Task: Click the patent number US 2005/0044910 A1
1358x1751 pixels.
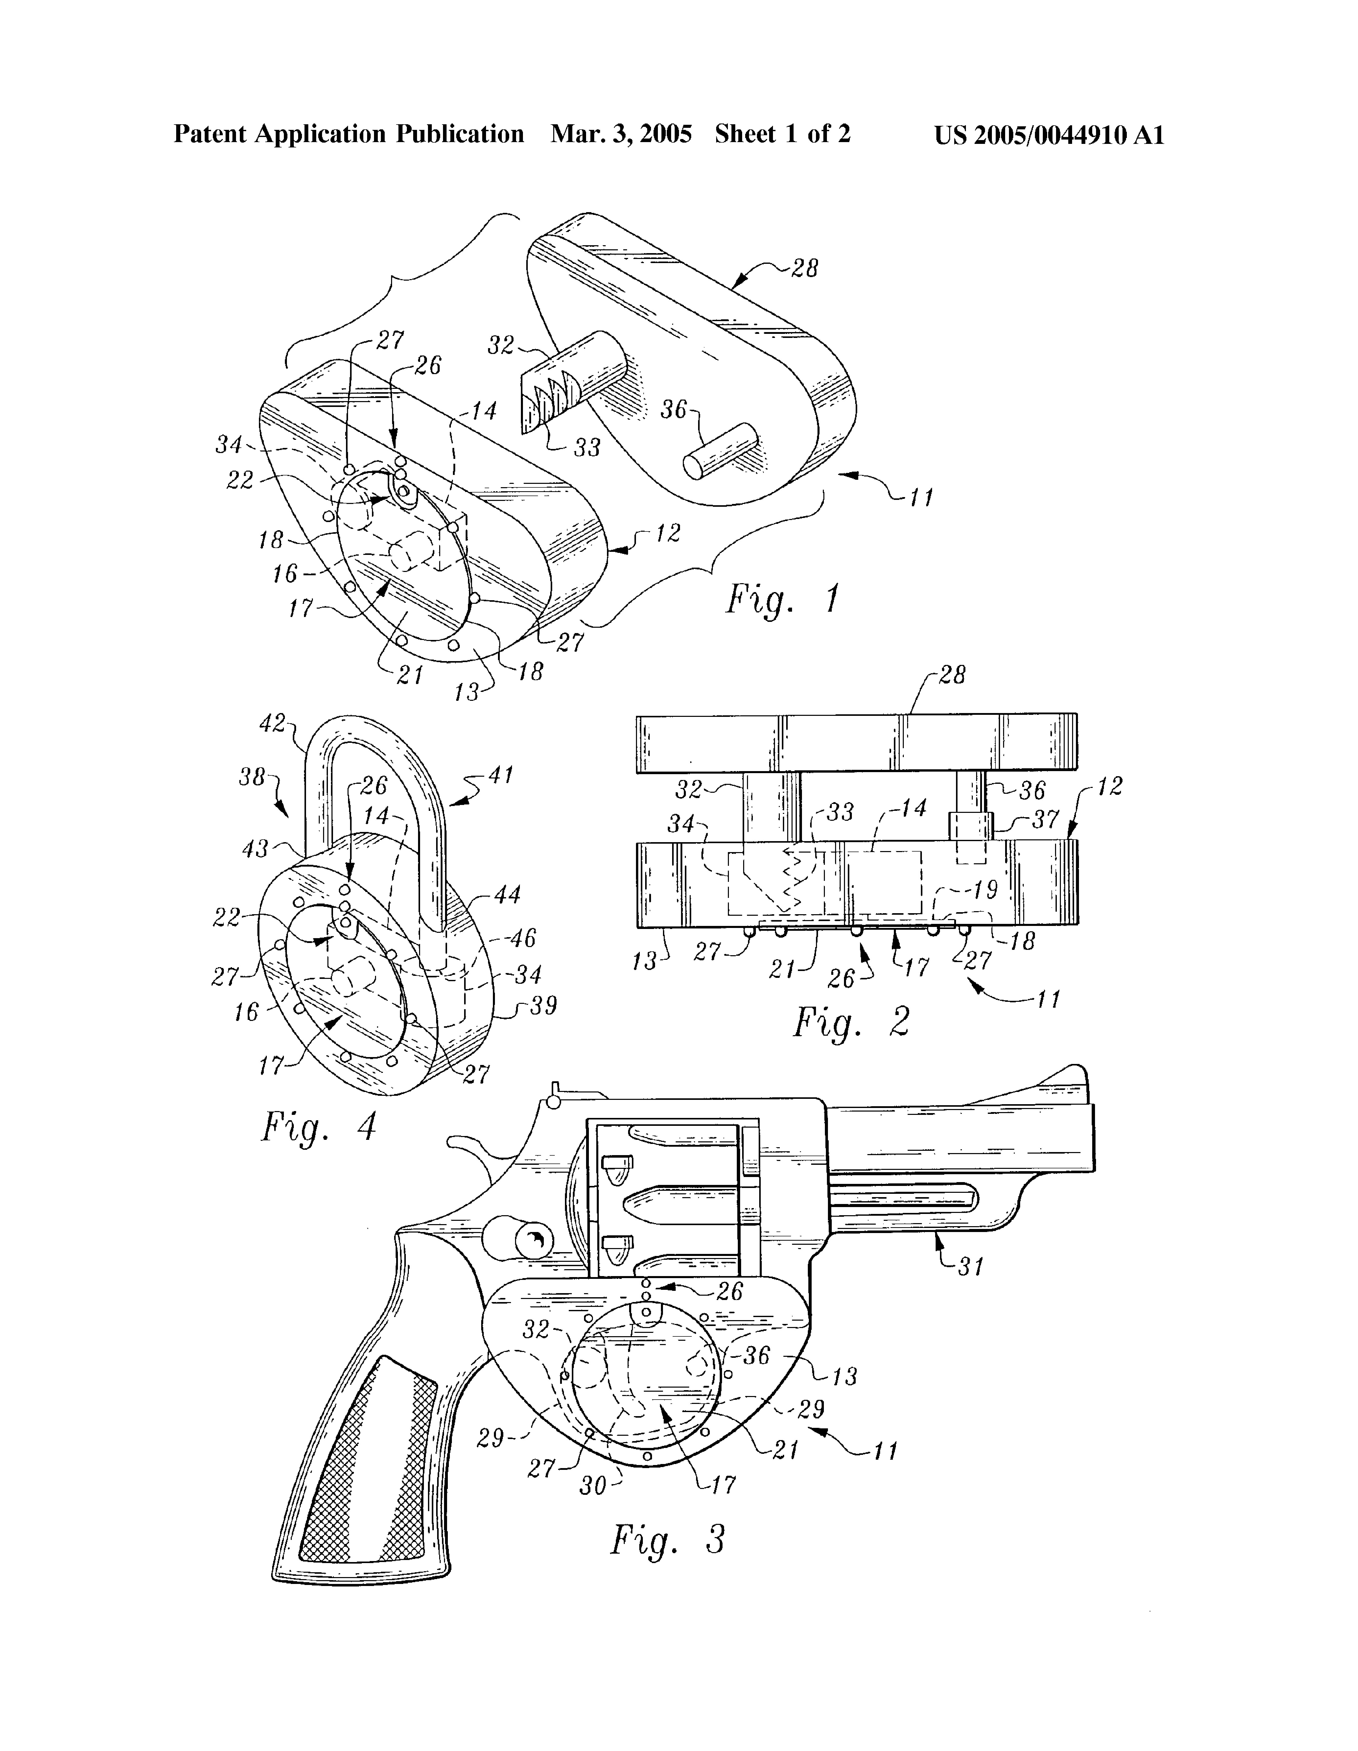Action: click(x=1049, y=134)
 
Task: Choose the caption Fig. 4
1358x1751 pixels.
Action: click(x=318, y=1128)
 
